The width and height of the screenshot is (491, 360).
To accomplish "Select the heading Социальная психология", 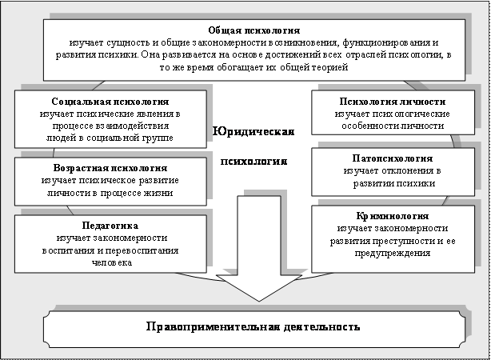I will (x=110, y=103).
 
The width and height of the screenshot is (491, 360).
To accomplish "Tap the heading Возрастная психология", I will (x=110, y=169).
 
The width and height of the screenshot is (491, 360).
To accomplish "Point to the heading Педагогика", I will (x=110, y=226).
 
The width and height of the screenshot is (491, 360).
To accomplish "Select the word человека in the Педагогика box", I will (x=110, y=262).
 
